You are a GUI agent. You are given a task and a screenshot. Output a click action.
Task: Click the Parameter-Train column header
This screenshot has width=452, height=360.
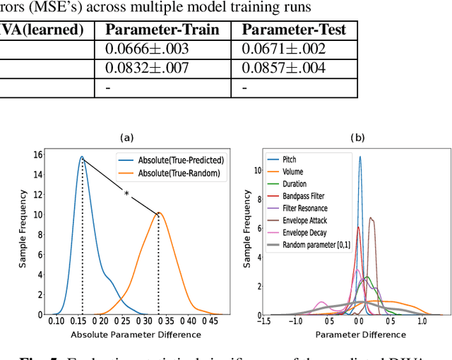[162, 30]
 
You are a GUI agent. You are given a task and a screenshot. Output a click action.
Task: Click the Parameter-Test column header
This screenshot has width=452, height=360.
[293, 30]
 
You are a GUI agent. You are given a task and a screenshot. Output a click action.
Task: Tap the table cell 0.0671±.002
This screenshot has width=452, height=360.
[272, 49]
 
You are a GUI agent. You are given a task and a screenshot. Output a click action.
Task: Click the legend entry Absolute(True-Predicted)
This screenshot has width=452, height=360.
[172, 160]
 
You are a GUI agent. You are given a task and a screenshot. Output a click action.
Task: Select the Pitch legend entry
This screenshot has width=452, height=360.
[290, 160]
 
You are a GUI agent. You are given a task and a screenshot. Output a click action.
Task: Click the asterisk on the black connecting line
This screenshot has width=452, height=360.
[126, 193]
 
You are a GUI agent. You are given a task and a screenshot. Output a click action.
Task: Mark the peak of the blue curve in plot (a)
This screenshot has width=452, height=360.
[82, 157]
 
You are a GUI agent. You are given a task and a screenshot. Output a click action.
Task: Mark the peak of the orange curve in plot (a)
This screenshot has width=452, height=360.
[158, 212]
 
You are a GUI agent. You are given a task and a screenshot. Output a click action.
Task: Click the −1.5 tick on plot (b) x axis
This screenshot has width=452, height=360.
[264, 322]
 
